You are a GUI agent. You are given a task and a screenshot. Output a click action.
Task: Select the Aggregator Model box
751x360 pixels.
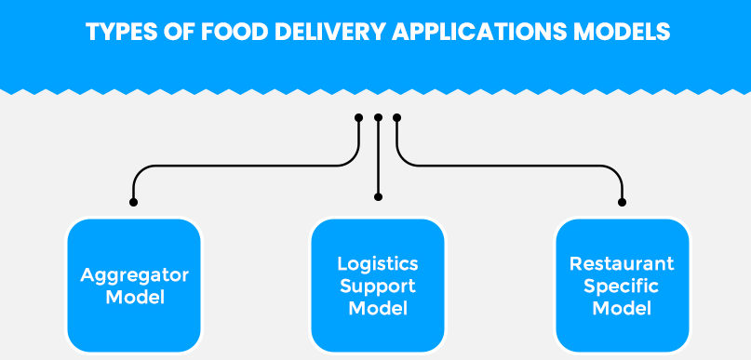pos(134,286)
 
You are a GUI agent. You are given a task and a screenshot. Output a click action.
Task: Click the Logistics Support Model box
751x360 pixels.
pos(378,286)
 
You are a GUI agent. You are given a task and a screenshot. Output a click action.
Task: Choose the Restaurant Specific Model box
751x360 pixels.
pos(622,286)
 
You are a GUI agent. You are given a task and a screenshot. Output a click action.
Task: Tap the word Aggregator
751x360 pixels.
pos(134,275)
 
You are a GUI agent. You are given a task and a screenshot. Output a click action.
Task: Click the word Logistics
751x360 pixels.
pos(378,264)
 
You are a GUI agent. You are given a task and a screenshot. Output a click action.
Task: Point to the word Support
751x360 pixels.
pos(378,286)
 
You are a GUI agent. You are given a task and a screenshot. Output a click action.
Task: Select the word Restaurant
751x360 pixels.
pos(622,264)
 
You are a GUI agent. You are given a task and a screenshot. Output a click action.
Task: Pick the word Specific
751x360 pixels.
pos(622,286)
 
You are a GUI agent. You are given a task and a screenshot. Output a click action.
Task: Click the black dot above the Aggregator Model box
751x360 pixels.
pos(134,201)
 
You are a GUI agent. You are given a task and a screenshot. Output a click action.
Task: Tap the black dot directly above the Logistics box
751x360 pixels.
pos(378,196)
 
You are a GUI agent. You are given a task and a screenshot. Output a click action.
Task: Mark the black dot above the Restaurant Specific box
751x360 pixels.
pos(623,201)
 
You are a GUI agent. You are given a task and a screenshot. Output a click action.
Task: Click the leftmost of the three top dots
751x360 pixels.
pos(358,118)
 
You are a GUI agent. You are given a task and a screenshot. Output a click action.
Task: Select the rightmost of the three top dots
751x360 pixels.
pos(397,118)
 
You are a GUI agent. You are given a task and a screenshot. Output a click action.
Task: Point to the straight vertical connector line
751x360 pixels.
pos(378,158)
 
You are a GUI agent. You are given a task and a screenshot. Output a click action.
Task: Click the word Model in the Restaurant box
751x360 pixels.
pos(622,308)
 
